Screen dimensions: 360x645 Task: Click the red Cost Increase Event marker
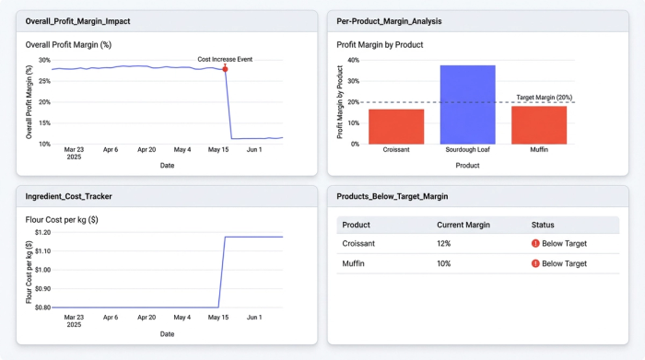tap(226, 69)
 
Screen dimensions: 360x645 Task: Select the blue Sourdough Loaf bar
tap(467, 105)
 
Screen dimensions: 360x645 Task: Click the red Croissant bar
tap(396, 126)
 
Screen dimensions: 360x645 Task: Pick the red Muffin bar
tap(539, 125)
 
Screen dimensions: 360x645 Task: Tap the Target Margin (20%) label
tap(544, 97)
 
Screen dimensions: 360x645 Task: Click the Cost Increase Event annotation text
tap(225, 59)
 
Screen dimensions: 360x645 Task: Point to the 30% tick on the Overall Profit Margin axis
tap(44, 60)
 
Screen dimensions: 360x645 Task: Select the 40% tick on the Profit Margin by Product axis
tap(353, 60)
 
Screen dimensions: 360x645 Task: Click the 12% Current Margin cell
tap(445, 244)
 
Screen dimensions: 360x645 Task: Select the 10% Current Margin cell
tap(445, 263)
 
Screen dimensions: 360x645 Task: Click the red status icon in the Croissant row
tap(535, 244)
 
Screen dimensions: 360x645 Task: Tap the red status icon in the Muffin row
tap(535, 263)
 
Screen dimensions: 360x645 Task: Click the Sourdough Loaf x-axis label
tap(467, 149)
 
